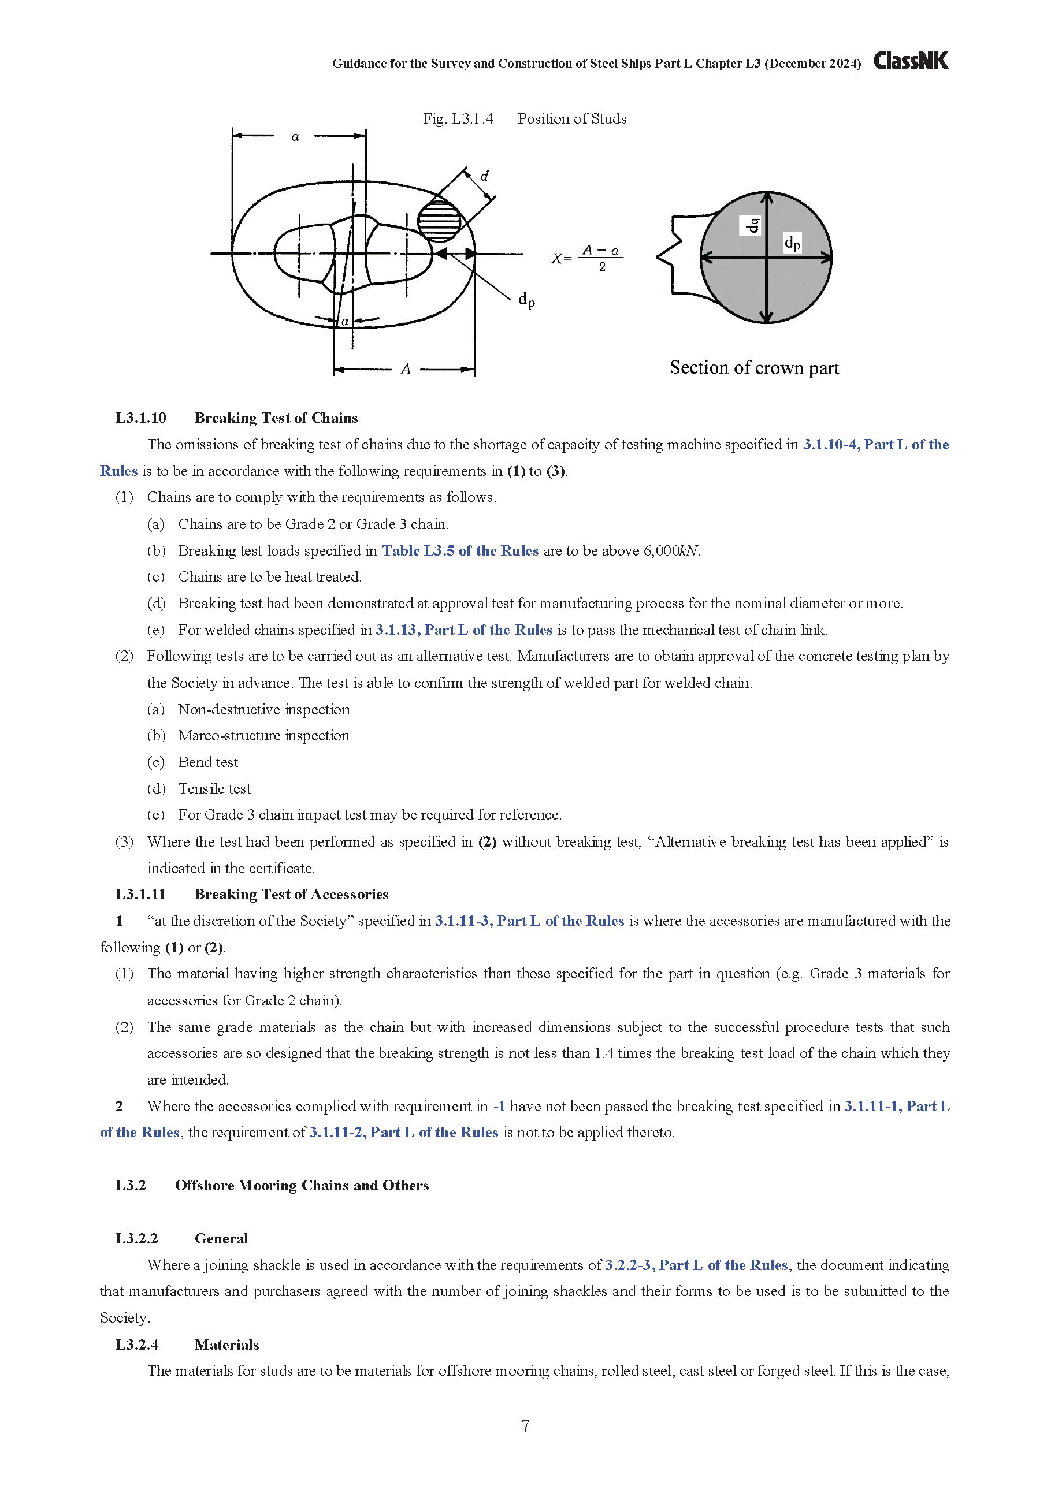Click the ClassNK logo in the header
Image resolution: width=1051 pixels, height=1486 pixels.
911,61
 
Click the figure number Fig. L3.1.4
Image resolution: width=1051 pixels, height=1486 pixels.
458,119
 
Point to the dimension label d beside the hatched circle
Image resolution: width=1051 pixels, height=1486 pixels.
484,176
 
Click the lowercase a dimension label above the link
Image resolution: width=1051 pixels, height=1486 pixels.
295,136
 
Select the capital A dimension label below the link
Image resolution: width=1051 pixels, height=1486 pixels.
406,369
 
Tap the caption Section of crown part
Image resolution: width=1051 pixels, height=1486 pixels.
754,368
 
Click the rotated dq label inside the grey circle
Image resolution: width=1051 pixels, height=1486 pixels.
751,225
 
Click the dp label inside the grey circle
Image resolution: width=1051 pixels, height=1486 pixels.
792,243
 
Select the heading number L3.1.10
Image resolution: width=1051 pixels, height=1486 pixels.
140,418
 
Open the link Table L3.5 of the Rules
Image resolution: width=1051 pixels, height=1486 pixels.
460,551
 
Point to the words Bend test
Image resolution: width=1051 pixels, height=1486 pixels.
208,762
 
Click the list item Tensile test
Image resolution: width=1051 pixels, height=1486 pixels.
214,789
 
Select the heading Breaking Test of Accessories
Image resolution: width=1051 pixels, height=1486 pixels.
291,895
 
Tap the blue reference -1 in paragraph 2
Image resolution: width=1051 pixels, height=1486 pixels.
499,1107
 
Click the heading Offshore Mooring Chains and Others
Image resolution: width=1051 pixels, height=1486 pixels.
302,1186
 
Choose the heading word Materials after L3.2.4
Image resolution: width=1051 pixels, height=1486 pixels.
226,1345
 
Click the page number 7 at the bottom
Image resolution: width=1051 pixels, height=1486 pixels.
525,1425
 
